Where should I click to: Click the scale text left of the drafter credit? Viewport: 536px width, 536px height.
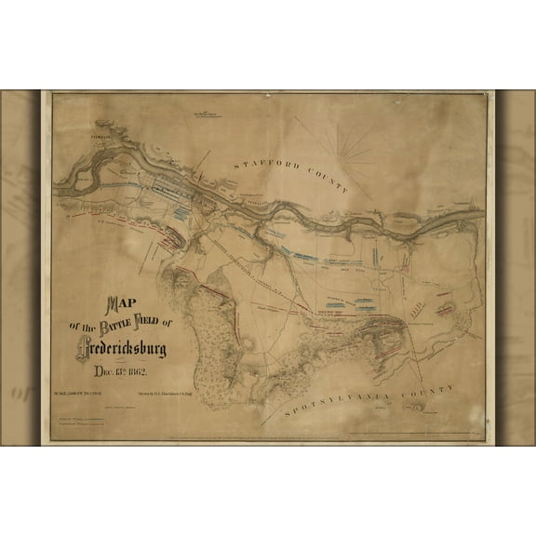click(81, 396)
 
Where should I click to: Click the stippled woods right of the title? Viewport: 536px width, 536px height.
click(215, 335)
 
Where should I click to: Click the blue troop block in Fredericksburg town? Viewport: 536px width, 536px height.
click(181, 212)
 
